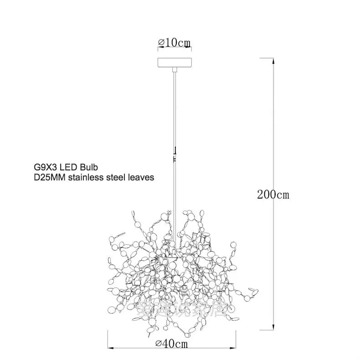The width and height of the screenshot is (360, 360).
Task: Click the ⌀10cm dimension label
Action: click(x=174, y=42)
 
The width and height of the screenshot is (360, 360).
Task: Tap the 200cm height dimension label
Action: click(x=273, y=195)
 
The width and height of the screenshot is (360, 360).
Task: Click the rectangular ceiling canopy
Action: click(x=174, y=62)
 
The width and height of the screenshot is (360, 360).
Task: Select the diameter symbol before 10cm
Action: click(x=161, y=42)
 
